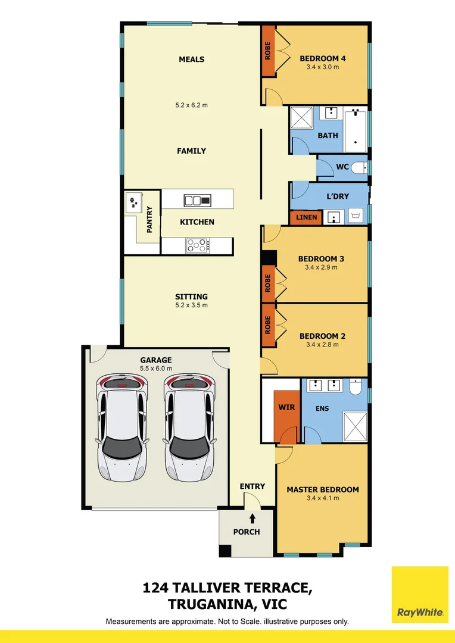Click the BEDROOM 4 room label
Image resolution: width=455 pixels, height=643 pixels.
(x=322, y=58)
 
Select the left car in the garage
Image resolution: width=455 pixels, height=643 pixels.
(x=122, y=427)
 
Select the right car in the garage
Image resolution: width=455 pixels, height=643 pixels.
(x=189, y=427)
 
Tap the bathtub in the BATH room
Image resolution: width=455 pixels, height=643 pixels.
(x=357, y=128)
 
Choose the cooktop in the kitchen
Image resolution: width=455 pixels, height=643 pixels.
(x=197, y=245)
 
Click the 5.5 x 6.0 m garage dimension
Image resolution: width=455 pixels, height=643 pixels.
(x=155, y=369)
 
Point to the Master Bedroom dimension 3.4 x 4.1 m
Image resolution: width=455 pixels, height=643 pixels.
(x=322, y=498)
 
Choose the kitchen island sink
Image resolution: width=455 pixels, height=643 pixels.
(x=197, y=201)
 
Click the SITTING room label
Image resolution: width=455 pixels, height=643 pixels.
(x=191, y=296)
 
